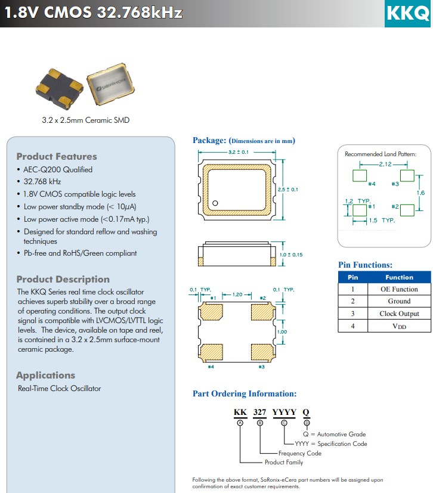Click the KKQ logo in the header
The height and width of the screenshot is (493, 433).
[x=407, y=13]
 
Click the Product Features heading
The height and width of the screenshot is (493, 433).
[x=56, y=156]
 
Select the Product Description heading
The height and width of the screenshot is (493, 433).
[x=63, y=279]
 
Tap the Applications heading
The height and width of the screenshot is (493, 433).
[x=45, y=375]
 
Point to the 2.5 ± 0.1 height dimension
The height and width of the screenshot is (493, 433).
[x=288, y=189]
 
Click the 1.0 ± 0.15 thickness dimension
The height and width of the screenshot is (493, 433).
[x=291, y=255]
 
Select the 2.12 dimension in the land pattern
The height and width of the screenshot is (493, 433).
[x=385, y=163]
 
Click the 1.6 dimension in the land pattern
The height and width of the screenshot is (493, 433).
[x=420, y=193]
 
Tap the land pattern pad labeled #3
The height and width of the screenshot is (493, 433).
[x=407, y=175]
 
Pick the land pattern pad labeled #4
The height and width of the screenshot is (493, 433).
[x=360, y=175]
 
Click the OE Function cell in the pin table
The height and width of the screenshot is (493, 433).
[x=399, y=289]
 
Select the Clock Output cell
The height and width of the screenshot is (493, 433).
[x=399, y=314]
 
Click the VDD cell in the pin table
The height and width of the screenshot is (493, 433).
[x=399, y=326]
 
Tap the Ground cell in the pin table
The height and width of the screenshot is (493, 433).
[x=399, y=301]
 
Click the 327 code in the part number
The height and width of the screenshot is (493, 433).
[x=259, y=412]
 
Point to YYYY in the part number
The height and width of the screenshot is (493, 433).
[x=284, y=412]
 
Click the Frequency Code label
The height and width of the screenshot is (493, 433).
[x=300, y=453]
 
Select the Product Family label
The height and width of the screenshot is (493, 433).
[x=284, y=462]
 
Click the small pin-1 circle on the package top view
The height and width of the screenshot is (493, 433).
[x=215, y=203]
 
